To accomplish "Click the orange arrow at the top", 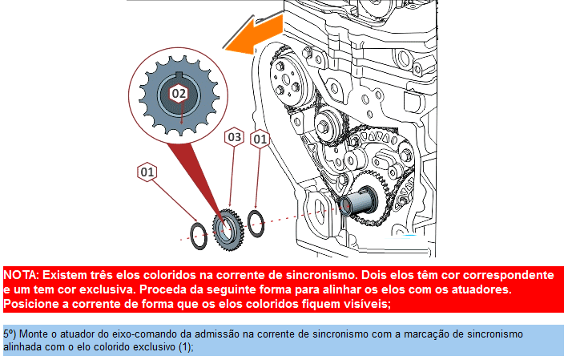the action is tap(254, 34).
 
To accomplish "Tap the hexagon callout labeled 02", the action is tap(179, 94).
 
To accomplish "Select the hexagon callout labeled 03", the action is tap(235, 137).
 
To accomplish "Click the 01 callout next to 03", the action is tap(260, 139).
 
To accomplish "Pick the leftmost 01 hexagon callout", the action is tap(147, 172).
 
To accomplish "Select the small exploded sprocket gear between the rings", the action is tap(228, 230).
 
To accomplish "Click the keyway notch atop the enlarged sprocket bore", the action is tap(179, 75).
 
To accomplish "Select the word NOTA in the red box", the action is tap(20, 275).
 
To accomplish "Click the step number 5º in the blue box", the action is tap(10, 334).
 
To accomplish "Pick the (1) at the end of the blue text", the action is tap(186, 347).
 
